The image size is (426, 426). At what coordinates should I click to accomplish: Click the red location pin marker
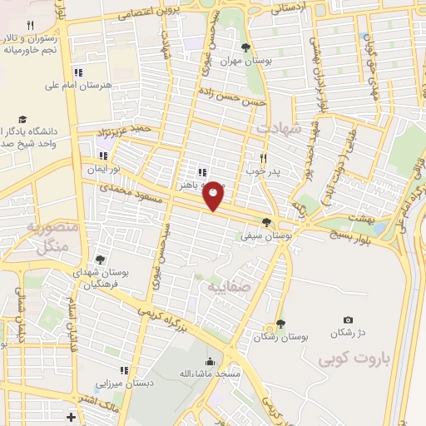click(214, 196)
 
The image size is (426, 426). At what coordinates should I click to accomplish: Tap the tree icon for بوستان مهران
click(245, 47)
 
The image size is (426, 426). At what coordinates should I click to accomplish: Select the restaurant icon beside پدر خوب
click(263, 157)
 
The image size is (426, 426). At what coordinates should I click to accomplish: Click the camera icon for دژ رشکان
click(348, 320)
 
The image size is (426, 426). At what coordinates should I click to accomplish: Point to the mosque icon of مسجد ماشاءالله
click(209, 362)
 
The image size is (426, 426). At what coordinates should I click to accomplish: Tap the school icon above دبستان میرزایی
click(124, 370)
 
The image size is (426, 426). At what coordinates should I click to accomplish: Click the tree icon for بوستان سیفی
click(266, 222)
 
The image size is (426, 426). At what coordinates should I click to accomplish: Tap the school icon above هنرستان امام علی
click(80, 72)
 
